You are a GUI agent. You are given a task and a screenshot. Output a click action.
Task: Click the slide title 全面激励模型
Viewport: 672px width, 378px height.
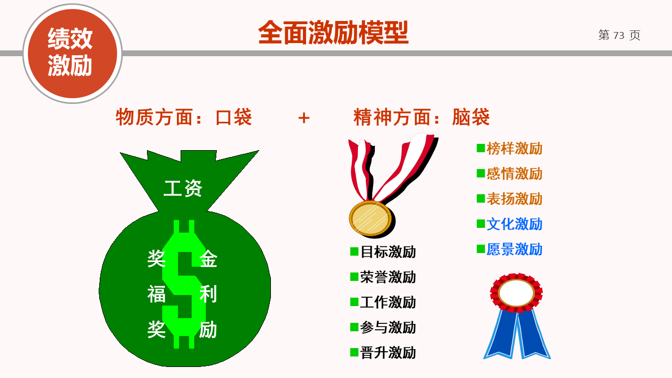(x=333, y=33)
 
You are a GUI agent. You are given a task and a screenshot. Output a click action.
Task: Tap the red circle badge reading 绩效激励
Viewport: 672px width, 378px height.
(x=72, y=54)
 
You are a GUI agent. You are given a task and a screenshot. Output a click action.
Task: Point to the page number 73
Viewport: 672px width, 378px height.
(x=618, y=35)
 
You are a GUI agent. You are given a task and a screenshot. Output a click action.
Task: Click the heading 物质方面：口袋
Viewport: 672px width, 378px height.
(x=184, y=117)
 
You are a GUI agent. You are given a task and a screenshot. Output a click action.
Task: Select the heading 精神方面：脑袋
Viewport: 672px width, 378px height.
(x=422, y=117)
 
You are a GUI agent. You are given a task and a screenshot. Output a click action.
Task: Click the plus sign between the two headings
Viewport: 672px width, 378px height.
(x=303, y=118)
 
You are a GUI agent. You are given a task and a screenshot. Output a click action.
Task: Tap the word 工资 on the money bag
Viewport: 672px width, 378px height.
(x=183, y=188)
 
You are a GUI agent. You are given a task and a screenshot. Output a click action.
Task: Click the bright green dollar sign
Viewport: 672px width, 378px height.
(x=184, y=284)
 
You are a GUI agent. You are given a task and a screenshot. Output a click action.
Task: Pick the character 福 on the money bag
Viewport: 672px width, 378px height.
(x=156, y=294)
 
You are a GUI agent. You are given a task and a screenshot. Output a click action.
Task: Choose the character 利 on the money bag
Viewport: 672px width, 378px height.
(x=208, y=294)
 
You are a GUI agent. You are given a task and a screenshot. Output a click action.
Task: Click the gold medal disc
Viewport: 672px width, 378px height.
(x=370, y=218)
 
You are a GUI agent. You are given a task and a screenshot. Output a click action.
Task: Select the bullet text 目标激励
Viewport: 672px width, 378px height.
(x=388, y=251)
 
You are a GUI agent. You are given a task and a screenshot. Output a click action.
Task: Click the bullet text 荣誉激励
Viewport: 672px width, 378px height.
(x=388, y=277)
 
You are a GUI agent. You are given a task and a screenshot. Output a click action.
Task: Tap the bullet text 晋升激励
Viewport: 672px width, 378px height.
(x=388, y=352)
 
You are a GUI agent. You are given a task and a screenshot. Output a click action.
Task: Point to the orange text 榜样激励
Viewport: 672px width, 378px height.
(x=514, y=149)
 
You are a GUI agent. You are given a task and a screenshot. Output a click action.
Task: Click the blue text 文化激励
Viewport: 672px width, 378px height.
(x=514, y=224)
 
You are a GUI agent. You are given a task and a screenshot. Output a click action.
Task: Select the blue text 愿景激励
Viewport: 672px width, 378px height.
(x=514, y=249)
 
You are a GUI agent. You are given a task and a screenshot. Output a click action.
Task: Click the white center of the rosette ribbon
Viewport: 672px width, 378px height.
(x=516, y=293)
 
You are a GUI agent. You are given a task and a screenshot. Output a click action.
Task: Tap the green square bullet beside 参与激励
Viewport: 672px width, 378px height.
(x=354, y=327)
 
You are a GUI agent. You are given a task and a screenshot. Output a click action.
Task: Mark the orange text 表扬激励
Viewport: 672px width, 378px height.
(x=514, y=199)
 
